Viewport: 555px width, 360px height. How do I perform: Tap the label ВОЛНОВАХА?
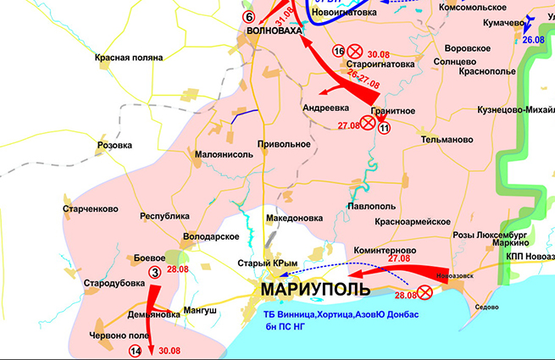[x=272, y=30]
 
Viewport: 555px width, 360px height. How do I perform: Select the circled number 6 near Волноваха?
[x=248, y=16]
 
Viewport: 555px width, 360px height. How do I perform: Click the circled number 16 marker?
[x=338, y=52]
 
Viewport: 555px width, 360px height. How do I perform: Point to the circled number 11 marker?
[x=384, y=128]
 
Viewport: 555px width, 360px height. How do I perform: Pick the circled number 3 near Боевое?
[x=155, y=272]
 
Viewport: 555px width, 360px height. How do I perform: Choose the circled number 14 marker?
[x=134, y=351]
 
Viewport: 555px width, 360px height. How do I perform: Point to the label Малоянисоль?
[x=225, y=155]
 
